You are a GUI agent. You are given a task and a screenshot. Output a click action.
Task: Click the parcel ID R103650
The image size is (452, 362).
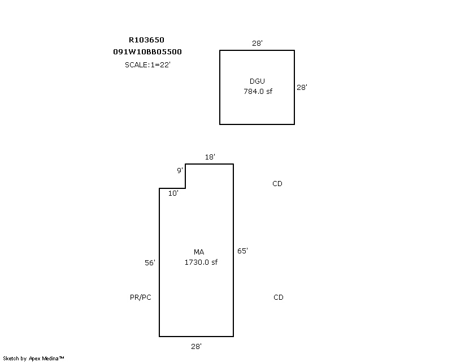tap(146, 40)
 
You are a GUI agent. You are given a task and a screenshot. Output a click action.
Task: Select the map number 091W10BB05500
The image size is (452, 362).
tap(147, 52)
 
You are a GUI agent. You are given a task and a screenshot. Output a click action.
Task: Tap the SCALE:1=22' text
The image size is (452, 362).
tap(147, 64)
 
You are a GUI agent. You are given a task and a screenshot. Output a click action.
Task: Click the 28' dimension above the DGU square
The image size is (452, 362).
tap(257, 44)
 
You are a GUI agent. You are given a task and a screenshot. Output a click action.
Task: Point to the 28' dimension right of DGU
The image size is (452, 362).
tap(302, 87)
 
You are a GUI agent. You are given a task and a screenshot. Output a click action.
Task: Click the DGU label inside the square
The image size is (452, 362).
tap(257, 81)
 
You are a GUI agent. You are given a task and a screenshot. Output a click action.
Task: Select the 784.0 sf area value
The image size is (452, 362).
tap(258, 91)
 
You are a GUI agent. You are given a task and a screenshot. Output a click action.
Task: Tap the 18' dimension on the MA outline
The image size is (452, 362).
tap(210, 157)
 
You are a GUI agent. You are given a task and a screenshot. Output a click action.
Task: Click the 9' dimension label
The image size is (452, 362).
tap(180, 170)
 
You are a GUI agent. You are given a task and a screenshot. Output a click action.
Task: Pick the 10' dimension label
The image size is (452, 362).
tap(173, 193)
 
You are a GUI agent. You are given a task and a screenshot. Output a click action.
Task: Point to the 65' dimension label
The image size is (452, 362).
tap(242, 251)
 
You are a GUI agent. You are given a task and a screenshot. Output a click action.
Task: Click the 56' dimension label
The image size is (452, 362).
tap(150, 262)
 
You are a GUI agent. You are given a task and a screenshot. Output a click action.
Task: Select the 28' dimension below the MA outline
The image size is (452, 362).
tap(196, 346)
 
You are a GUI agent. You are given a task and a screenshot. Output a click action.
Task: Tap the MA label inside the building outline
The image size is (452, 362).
tap(199, 252)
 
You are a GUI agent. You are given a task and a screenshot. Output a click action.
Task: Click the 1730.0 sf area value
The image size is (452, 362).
tap(201, 262)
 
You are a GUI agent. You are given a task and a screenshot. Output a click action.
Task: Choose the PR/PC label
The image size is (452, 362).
tap(140, 298)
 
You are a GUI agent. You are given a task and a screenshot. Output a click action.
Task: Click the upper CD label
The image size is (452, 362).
tap(277, 184)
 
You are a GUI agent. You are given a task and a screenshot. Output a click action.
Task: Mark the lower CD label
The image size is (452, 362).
tap(279, 298)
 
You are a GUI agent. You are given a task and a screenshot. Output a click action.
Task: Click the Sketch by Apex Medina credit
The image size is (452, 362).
tap(33, 359)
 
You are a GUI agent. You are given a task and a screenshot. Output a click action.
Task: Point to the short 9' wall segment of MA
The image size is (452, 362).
tap(185, 176)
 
